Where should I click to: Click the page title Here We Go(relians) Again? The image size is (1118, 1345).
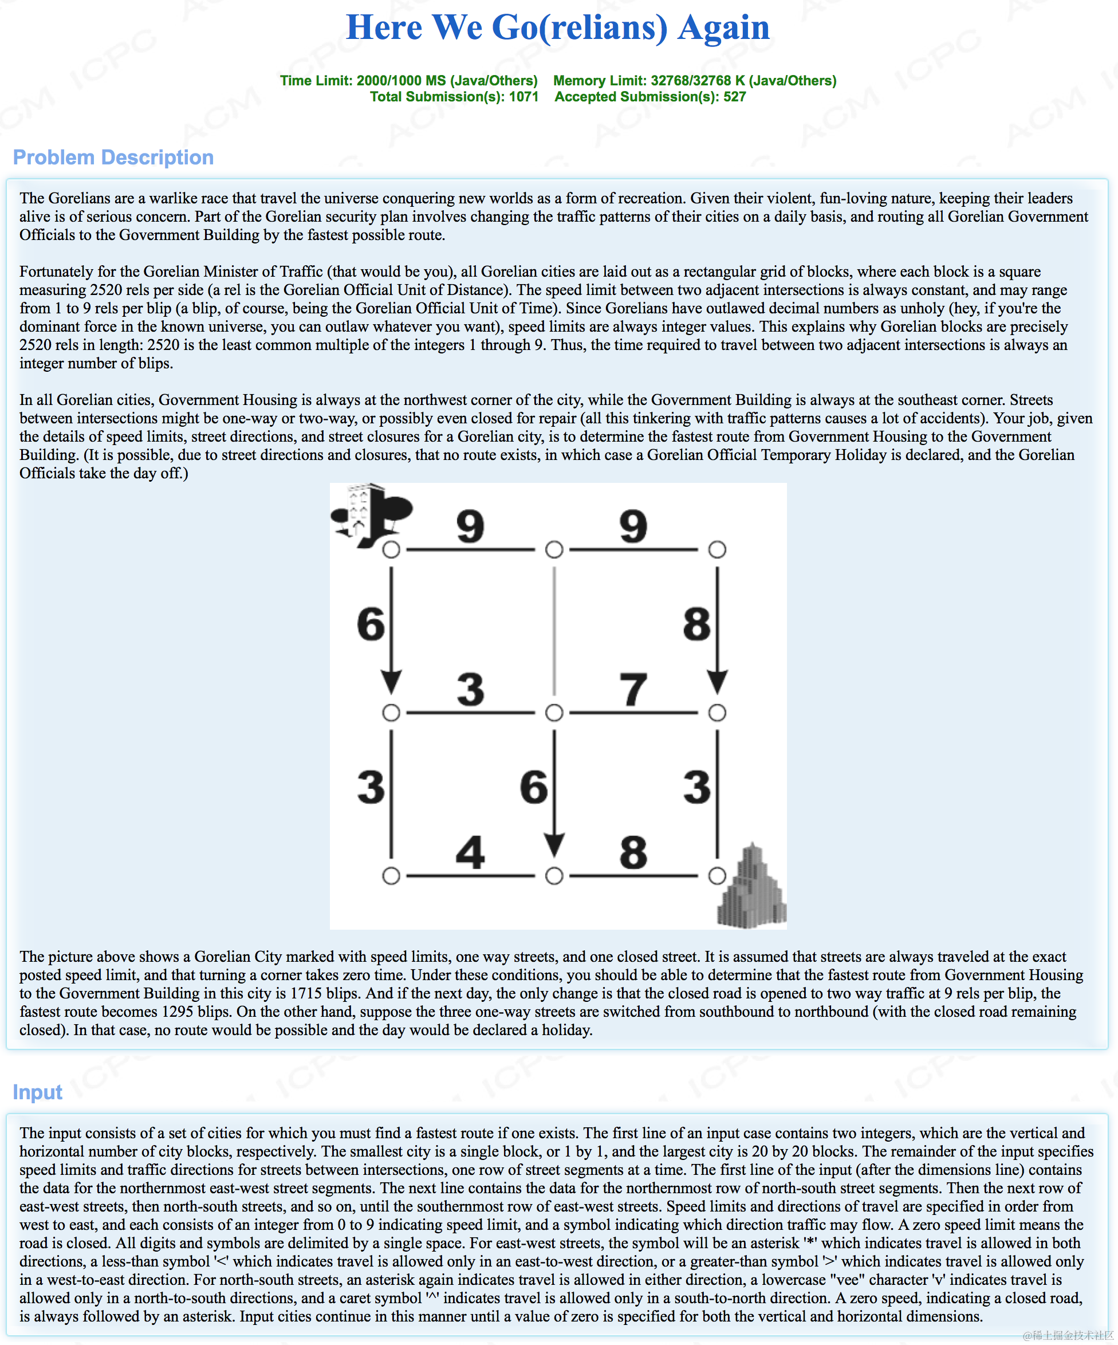(x=558, y=27)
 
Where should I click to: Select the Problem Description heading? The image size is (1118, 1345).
(x=113, y=157)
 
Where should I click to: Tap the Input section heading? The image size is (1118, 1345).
(x=37, y=1091)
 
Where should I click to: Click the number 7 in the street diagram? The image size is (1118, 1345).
(x=633, y=689)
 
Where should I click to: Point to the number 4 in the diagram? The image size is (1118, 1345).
(x=470, y=852)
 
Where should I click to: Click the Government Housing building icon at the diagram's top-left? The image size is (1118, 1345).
(x=371, y=516)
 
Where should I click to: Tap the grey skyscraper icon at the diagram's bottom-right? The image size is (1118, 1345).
(x=751, y=885)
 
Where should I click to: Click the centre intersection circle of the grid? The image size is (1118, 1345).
(x=554, y=713)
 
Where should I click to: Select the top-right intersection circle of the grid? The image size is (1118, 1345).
(x=717, y=549)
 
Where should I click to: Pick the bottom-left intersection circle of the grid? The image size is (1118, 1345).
(x=391, y=875)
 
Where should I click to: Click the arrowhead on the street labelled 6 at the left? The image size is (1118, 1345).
(x=391, y=682)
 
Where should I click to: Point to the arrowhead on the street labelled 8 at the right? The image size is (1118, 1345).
(x=717, y=682)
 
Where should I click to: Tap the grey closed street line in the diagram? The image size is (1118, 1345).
(x=554, y=631)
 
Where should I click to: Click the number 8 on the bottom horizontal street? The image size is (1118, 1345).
(x=633, y=852)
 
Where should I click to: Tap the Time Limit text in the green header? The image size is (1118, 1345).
(x=408, y=81)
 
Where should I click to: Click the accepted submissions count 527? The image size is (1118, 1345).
(x=734, y=97)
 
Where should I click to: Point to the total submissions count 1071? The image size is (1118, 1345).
(x=524, y=97)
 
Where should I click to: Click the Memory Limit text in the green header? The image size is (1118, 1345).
(x=695, y=81)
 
